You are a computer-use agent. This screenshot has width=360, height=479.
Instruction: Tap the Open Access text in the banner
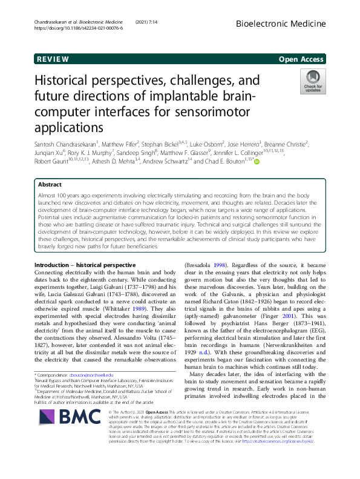coord(302,59)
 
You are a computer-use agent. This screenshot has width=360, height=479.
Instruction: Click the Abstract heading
coord(50,185)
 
